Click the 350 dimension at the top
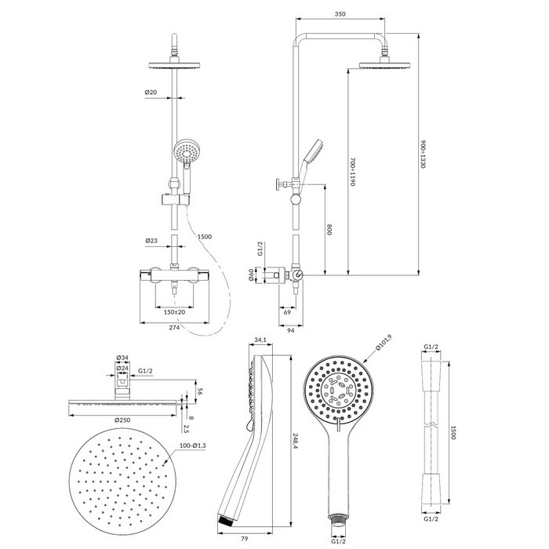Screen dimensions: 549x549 [x=340, y=14]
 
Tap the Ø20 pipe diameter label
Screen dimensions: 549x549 [x=151, y=93]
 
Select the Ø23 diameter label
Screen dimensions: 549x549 [x=151, y=241]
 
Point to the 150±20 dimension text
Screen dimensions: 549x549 [x=174, y=312]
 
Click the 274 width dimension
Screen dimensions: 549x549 [x=174, y=327]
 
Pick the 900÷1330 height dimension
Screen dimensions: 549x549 [x=423, y=155]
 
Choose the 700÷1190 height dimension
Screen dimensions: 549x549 [x=353, y=172]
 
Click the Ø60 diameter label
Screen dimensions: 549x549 [x=251, y=274]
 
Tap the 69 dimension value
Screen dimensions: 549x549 [x=287, y=312]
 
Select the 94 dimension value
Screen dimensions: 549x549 [x=291, y=330]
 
